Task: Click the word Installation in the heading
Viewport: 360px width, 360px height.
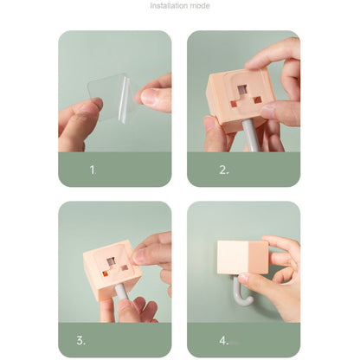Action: pyautogui.click(x=170, y=5)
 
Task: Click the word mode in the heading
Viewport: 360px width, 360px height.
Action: pyautogui.click(x=201, y=5)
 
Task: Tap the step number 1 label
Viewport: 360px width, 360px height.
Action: pyautogui.click(x=93, y=170)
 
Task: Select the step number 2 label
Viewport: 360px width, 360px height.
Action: pyautogui.click(x=224, y=170)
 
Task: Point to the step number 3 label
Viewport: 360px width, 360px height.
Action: pyautogui.click(x=81, y=341)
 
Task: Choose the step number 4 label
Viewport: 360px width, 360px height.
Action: pyautogui.click(x=224, y=341)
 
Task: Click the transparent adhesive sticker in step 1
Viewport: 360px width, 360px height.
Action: pyautogui.click(x=111, y=97)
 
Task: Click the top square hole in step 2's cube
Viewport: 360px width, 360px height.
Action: pyautogui.click(x=242, y=90)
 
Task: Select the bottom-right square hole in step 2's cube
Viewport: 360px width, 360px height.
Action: pyautogui.click(x=257, y=100)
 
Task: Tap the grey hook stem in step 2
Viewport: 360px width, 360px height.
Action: pyautogui.click(x=249, y=136)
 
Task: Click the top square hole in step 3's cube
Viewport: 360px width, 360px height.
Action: pyautogui.click(x=111, y=262)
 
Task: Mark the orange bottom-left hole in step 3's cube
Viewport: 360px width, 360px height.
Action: pyautogui.click(x=105, y=273)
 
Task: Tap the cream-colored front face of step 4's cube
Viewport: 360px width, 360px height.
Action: pyautogui.click(x=233, y=257)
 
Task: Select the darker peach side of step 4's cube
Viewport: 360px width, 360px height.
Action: pyautogui.click(x=259, y=257)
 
